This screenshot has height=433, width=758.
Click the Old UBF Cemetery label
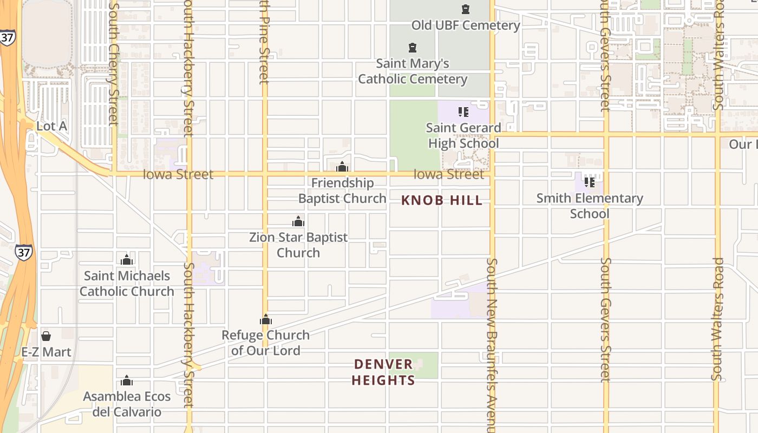[466, 25]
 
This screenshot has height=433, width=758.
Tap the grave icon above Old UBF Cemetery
[466, 9]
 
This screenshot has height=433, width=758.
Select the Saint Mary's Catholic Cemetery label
[413, 71]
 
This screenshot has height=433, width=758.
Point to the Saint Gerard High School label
[463, 135]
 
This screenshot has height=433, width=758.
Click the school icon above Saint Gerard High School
[463, 112]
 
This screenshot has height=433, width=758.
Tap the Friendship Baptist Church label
[342, 191]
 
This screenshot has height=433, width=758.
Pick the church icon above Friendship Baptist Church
[342, 167]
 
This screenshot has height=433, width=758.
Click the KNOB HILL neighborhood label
[442, 200]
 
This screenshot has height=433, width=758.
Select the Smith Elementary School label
[590, 206]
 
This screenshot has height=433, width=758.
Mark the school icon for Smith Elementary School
[590, 182]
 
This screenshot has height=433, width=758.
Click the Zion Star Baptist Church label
[298, 245]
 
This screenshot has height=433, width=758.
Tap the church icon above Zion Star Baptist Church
[298, 221]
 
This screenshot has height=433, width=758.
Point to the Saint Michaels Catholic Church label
[127, 284]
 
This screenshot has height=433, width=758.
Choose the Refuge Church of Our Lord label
[265, 343]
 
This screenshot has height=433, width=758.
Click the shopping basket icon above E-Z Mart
[46, 336]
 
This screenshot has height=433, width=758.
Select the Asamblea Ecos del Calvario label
[127, 404]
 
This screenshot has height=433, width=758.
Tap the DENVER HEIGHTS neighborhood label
[383, 372]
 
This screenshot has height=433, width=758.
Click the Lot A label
[51, 126]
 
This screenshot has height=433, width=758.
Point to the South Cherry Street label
[114, 65]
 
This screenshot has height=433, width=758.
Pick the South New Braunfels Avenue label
[492, 346]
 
